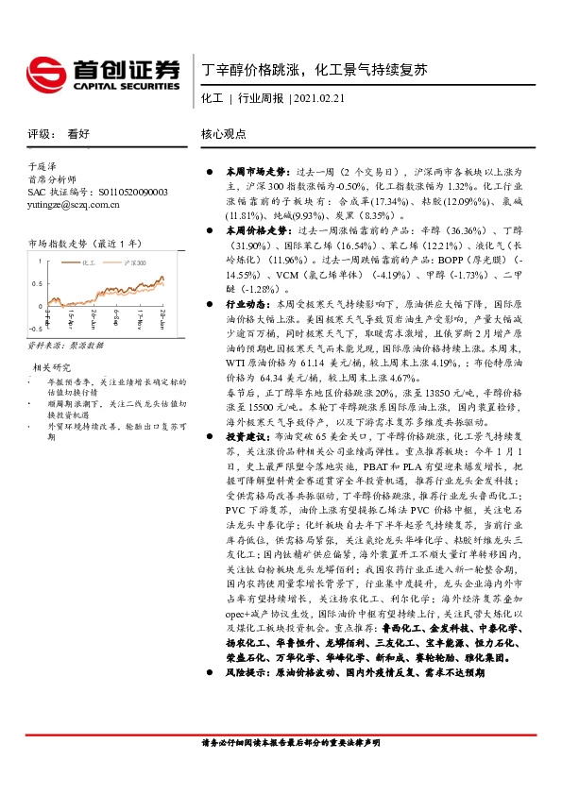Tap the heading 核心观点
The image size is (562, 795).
tap(224, 134)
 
